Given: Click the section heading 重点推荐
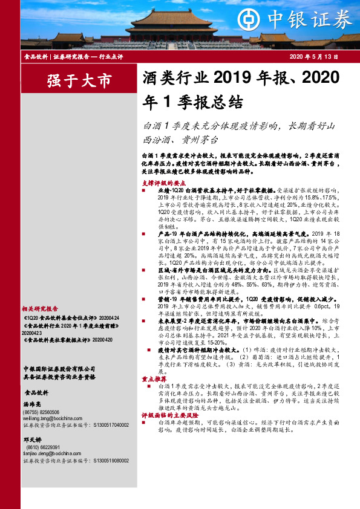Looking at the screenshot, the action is click(x=152, y=378).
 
